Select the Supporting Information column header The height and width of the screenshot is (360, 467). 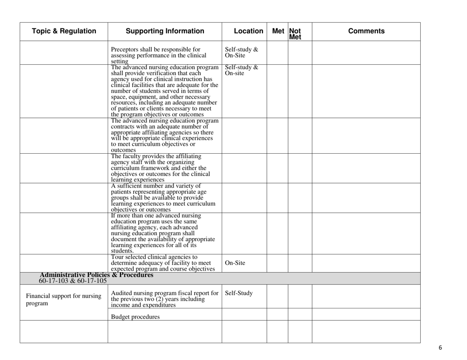coord(165,31)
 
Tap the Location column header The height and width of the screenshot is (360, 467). coord(243,31)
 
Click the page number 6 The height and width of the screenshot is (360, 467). coord(440,348)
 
